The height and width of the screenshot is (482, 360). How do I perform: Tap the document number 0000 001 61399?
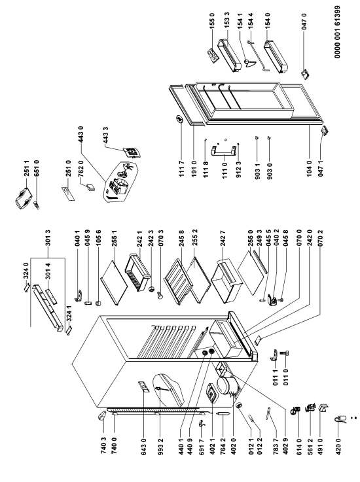[x=338, y=36]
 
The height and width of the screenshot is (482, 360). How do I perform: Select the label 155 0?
[x=211, y=21]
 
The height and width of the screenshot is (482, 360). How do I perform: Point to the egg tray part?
[x=213, y=55]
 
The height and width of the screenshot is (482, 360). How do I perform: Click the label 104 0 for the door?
[x=309, y=169]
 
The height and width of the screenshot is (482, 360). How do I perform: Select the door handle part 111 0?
[x=225, y=152]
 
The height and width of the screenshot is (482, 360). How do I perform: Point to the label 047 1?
[x=321, y=169]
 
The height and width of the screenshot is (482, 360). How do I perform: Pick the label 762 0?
[x=81, y=169]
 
